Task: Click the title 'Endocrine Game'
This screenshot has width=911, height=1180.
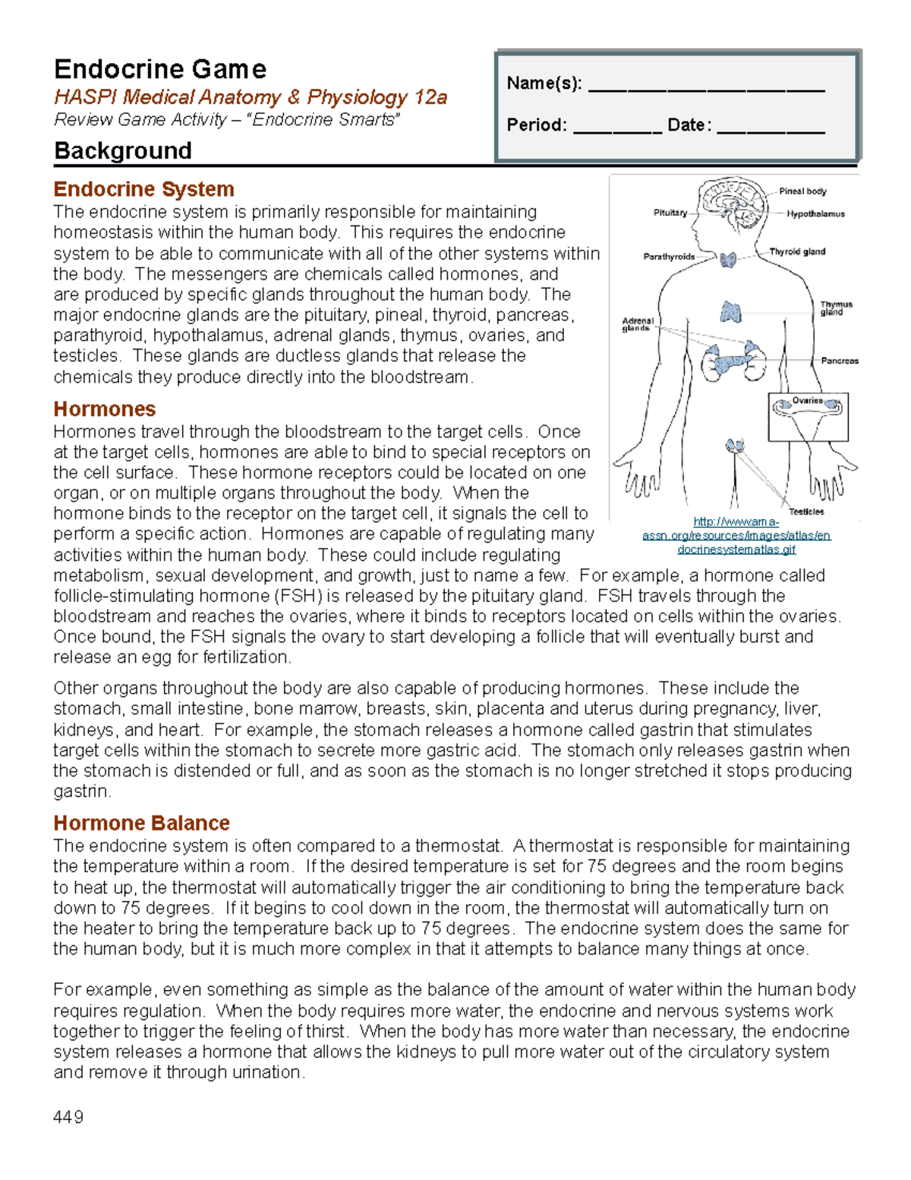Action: tap(160, 69)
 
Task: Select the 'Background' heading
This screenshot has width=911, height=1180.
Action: tap(122, 150)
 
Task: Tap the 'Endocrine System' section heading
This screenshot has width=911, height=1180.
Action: tap(143, 188)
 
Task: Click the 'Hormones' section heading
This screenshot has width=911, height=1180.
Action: tap(104, 409)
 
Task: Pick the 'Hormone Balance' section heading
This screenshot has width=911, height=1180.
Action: tap(141, 823)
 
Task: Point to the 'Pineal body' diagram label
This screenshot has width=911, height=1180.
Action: tap(802, 191)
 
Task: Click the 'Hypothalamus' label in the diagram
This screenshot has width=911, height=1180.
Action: tap(815, 214)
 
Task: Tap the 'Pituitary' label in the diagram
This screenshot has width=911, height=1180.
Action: tap(670, 213)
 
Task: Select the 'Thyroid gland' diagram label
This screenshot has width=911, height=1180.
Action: tap(797, 252)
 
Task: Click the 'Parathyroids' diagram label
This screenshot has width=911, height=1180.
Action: tap(669, 257)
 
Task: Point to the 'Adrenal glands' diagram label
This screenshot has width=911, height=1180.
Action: tap(637, 324)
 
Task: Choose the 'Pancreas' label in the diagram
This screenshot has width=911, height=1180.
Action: tap(840, 361)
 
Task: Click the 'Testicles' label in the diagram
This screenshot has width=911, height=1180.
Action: tap(806, 512)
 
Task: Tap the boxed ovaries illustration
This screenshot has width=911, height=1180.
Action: tap(808, 417)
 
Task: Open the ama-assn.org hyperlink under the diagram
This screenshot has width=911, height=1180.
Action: tap(736, 536)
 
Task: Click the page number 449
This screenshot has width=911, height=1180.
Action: tap(68, 1117)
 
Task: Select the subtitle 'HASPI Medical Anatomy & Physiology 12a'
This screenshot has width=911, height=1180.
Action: tap(250, 97)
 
